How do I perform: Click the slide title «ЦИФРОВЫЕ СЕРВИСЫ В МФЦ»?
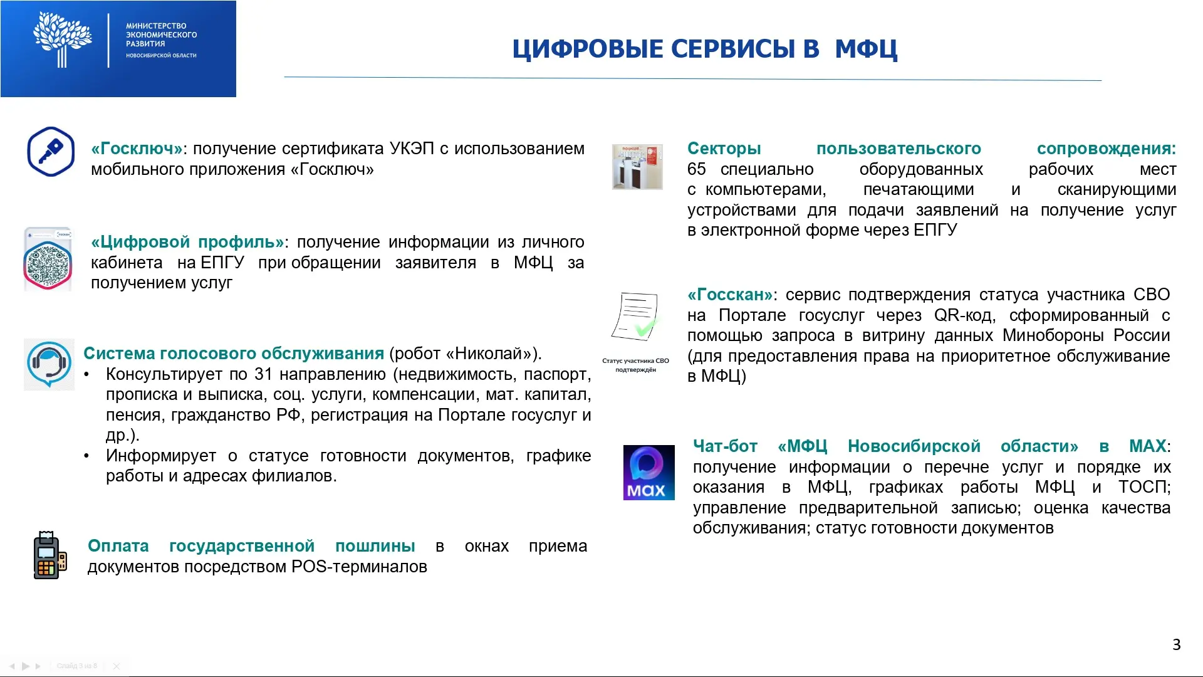[x=705, y=49]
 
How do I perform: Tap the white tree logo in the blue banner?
[x=62, y=39]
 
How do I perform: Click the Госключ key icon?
[x=51, y=152]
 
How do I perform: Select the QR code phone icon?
[x=48, y=260]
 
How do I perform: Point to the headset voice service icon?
[x=49, y=364]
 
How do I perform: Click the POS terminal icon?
[x=49, y=555]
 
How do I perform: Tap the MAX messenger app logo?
[x=648, y=473]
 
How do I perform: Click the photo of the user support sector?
[x=637, y=167]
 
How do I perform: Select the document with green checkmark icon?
[x=635, y=317]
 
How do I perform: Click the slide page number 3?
[x=1176, y=644]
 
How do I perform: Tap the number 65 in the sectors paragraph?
[x=696, y=169]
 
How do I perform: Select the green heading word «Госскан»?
[x=730, y=295]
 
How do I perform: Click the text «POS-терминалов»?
[x=359, y=567]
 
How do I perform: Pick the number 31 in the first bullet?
[x=263, y=374]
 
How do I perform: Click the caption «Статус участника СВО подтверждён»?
[x=635, y=365]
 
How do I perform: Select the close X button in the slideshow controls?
[x=116, y=666]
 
